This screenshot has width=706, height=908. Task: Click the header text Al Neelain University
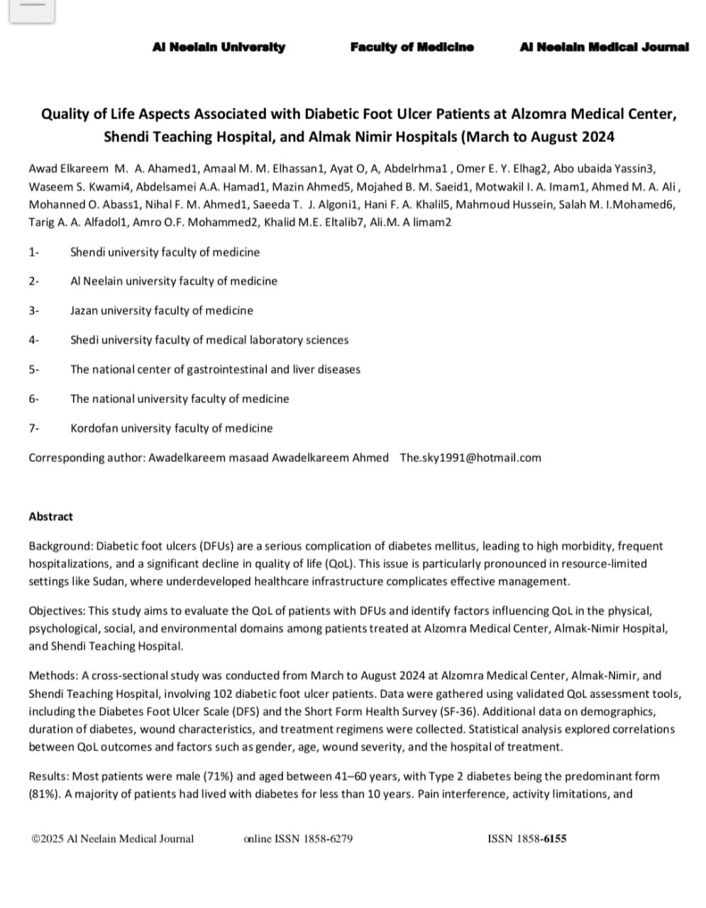219,47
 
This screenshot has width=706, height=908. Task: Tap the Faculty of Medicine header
412,47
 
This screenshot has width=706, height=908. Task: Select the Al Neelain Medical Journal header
604,47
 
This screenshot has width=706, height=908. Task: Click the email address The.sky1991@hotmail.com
470,458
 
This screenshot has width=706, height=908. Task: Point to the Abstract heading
50,516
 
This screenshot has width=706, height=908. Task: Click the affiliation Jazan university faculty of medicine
161,310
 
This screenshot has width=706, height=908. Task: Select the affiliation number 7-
33,428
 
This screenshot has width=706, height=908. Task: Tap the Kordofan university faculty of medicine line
171,428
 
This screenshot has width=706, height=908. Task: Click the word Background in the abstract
60,546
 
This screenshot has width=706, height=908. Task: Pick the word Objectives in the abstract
57,611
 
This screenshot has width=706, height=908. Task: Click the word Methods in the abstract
53,675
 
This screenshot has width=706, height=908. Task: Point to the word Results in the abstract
49,776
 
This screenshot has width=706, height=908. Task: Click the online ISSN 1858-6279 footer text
298,838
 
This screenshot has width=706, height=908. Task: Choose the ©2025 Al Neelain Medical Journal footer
113,838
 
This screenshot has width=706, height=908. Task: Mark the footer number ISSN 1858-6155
527,838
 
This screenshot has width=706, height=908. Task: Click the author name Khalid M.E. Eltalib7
309,222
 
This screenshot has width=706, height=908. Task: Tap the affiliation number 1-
33,252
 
